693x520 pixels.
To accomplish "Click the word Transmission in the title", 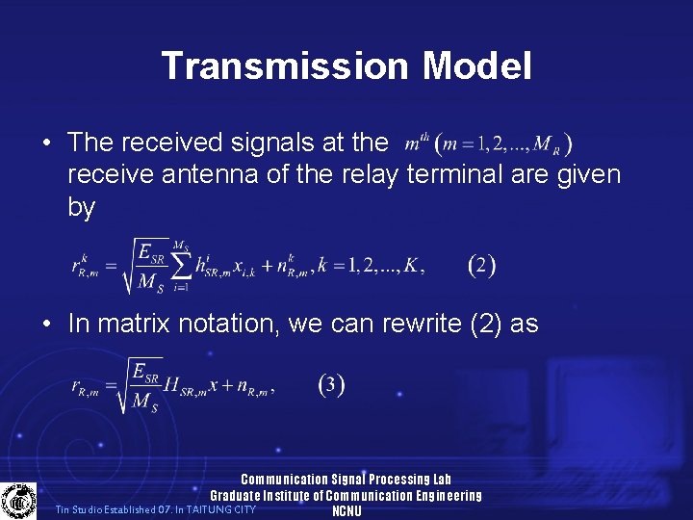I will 285,66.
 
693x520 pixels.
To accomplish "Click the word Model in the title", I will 476,66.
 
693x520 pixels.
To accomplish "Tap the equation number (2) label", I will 480,265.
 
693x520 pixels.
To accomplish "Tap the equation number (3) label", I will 331,385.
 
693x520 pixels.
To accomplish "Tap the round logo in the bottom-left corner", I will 17,501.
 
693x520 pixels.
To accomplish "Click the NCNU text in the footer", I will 346,511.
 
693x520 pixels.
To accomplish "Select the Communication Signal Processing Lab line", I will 346,480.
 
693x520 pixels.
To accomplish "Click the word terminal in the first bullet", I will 459,175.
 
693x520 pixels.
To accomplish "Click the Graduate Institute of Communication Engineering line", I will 346,496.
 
